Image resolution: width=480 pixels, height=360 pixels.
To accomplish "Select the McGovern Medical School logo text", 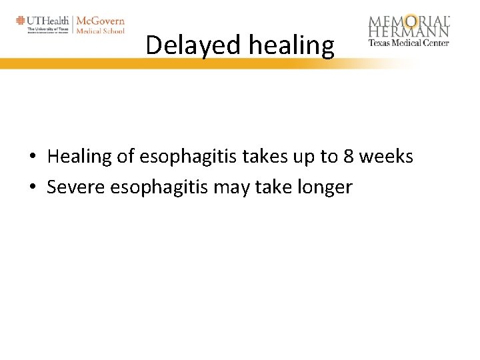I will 100,25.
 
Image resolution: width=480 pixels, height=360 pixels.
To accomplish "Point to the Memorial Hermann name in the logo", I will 409,27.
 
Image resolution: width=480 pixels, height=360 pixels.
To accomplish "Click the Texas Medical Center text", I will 409,43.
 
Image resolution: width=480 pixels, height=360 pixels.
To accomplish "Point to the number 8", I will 348,157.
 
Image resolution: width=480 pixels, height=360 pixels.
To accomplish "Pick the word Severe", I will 75,188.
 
